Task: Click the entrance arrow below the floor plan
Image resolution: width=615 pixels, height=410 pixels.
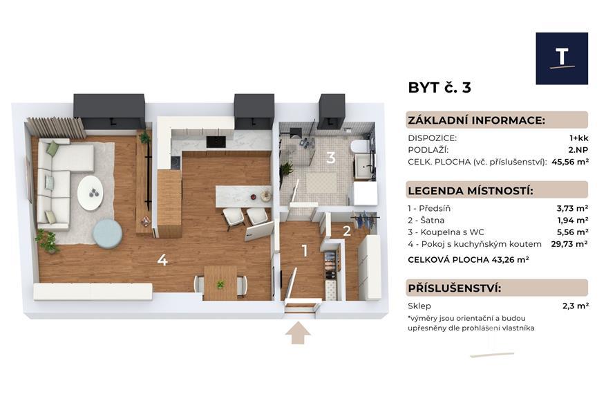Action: pos(298,333)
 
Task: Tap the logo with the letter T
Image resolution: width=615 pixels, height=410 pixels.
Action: pos(562,59)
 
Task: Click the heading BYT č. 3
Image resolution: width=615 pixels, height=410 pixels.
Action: pos(439,88)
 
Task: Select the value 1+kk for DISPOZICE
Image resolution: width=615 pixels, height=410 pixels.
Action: pos(579,138)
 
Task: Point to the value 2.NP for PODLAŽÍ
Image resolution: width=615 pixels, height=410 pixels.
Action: pos(579,150)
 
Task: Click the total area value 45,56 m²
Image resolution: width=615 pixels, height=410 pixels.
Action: pos(570,161)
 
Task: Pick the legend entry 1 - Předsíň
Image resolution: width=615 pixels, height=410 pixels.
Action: pos(429,208)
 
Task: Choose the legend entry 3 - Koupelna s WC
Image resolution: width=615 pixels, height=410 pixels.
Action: pos(446,232)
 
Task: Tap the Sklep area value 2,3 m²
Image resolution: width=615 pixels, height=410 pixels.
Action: pos(576,306)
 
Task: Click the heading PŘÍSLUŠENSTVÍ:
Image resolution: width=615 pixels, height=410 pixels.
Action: pos(455,288)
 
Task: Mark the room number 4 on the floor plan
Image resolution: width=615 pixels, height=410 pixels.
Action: pos(162,259)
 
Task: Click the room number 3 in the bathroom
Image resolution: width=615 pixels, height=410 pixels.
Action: pos(330,158)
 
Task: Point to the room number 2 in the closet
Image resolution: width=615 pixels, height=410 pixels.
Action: pos(347,231)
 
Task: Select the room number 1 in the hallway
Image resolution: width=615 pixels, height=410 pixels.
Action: pos(305,251)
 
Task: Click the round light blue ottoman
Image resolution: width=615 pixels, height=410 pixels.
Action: pos(107,234)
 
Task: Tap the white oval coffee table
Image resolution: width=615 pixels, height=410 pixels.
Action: pos(91,193)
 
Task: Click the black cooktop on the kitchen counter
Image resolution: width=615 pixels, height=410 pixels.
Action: pos(216,142)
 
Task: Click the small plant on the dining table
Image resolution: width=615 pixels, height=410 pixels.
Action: pos(221,284)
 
